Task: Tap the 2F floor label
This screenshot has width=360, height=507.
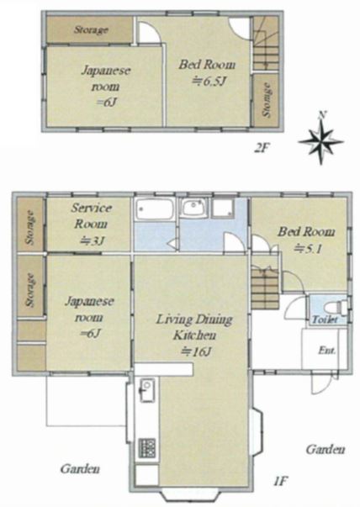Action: pos(262,149)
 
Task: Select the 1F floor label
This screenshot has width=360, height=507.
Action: pos(280,482)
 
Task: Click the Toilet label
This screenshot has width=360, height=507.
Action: pos(325,320)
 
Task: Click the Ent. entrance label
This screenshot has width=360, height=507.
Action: pos(326,350)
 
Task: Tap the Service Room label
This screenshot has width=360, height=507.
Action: pos(91,216)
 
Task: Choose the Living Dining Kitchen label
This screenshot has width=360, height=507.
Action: pos(194,327)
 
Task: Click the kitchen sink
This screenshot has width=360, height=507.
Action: pos(146,390)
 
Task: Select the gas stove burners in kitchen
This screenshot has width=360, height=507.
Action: pos(147,448)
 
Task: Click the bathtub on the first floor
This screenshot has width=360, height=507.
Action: pos(154,209)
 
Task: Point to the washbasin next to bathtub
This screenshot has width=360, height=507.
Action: pos(193,208)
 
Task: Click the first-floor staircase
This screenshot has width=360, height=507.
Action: pos(265,288)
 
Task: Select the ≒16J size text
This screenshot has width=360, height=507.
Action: pos(196,351)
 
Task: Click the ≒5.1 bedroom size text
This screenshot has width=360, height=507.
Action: pos(307,249)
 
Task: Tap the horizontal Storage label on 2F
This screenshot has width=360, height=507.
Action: pos(91,30)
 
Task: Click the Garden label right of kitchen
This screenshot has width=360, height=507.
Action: pos(325,449)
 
